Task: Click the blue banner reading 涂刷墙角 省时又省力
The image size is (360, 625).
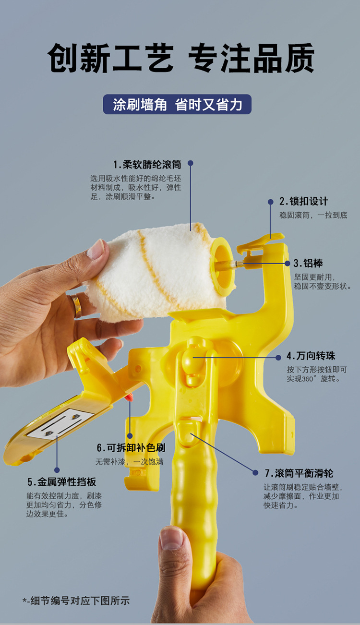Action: click(x=177, y=104)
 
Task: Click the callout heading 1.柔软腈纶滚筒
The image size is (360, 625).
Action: click(x=147, y=164)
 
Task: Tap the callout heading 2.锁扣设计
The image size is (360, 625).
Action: click(x=304, y=201)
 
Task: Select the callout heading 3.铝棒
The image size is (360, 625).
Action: click(x=308, y=263)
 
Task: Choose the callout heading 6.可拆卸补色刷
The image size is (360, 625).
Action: click(x=131, y=448)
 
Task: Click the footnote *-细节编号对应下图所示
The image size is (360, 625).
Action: click(x=76, y=601)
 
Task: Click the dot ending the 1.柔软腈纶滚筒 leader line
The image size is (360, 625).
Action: click(x=191, y=163)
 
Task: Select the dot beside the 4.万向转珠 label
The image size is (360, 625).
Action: click(x=278, y=357)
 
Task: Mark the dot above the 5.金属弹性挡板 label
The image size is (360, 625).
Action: click(x=57, y=470)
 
